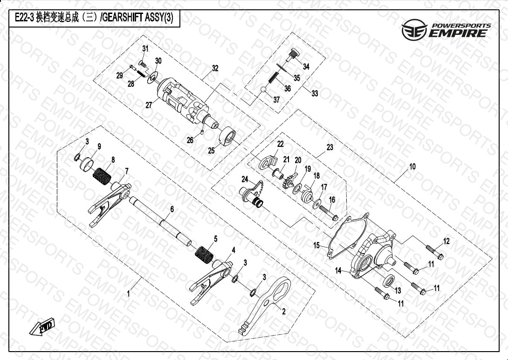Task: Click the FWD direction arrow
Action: pos(42,326)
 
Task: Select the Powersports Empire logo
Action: pos(446,29)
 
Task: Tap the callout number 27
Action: pos(149,105)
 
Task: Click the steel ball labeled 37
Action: pos(264,90)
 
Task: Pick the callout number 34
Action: pos(306,66)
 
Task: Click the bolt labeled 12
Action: pos(435,252)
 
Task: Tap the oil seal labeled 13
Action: pos(389,280)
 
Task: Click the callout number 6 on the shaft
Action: pos(172,209)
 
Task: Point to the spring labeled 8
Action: pos(102,175)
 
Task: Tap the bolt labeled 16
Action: pos(329,213)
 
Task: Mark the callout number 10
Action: pos(412,167)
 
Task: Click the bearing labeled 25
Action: pos(227,137)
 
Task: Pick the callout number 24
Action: pos(245,179)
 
